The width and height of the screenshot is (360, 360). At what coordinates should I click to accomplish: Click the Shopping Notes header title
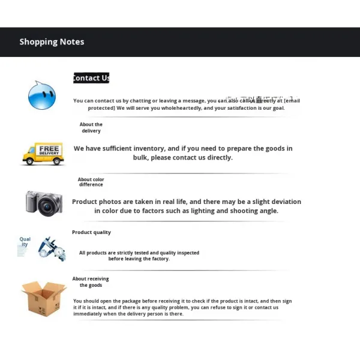52,42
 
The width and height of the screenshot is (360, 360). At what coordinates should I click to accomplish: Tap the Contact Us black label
91,78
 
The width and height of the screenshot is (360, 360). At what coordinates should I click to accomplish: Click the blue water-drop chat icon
41,95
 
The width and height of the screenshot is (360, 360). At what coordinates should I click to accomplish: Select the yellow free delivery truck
43,154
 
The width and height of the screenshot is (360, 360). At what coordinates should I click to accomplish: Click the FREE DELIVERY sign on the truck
49,150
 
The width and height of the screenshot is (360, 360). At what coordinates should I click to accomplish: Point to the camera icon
44,203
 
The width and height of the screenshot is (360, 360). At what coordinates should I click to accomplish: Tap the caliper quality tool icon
52,248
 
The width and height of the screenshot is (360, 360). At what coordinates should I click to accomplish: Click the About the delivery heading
91,128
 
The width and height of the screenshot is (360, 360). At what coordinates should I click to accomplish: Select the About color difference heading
91,182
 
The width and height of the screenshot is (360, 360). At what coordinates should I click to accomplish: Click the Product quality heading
91,232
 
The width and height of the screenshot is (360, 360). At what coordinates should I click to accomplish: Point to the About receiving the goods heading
91,282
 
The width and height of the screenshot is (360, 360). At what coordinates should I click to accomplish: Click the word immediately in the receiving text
94,314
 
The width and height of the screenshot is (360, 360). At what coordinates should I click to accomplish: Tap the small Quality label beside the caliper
25,242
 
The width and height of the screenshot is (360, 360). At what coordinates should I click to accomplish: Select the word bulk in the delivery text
141,158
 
